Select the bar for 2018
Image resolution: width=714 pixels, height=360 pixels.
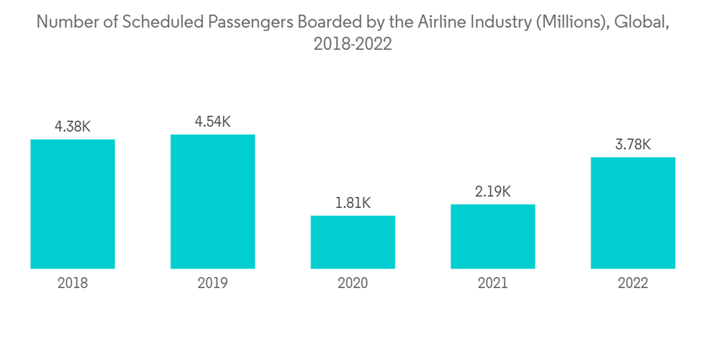(73, 204)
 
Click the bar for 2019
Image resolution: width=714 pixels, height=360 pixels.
(213, 201)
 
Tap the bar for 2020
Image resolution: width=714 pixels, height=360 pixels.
(353, 242)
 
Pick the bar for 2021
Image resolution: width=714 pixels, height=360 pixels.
(493, 236)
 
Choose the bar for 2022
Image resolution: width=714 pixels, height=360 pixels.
(633, 213)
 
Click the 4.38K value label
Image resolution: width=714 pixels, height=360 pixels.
(73, 126)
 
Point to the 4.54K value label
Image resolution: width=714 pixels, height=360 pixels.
(213, 121)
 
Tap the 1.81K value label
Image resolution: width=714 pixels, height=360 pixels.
(353, 203)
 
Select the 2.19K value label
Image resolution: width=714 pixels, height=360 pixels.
(493, 191)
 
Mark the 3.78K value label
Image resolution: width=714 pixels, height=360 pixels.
(633, 144)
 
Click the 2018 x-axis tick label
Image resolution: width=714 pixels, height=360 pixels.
(73, 284)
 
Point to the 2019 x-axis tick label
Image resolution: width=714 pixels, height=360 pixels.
(213, 284)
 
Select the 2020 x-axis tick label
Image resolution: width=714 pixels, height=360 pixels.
(353, 284)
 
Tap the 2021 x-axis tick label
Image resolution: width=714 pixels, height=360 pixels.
(493, 284)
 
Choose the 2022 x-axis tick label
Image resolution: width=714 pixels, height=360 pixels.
(633, 284)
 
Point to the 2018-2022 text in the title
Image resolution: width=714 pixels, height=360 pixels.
(353, 44)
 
